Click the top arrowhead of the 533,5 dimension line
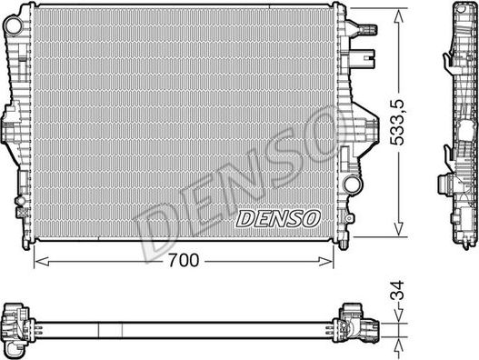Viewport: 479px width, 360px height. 397,15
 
